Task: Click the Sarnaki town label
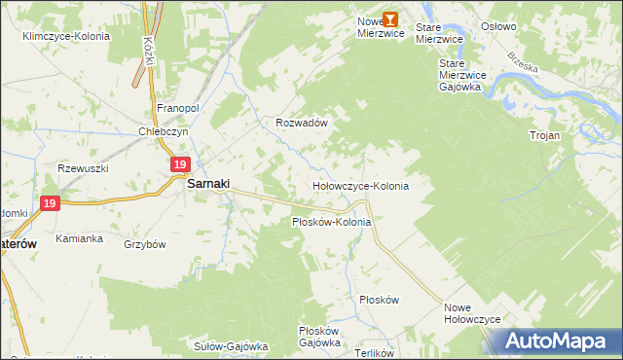point(207,182)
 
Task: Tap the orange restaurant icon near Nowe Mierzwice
point(390,18)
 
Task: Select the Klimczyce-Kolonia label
point(66,36)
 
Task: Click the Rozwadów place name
point(300,124)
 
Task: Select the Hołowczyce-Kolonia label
point(359,185)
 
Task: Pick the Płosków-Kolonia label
point(332,223)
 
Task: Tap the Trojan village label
point(544,135)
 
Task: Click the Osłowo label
point(498,27)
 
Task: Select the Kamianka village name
point(80,238)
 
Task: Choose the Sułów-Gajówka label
point(231,345)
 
